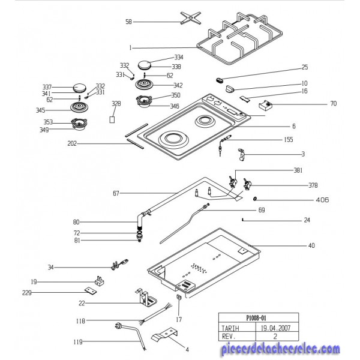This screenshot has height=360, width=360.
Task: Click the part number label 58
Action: point(128,22)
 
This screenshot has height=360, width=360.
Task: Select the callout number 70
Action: point(333,104)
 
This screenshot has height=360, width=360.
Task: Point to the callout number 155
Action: point(289,139)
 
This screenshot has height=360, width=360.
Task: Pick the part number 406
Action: point(322,199)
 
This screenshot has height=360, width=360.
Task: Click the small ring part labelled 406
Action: point(256,199)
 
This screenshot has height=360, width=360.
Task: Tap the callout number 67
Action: point(116,193)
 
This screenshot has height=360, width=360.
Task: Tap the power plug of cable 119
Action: point(119,326)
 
